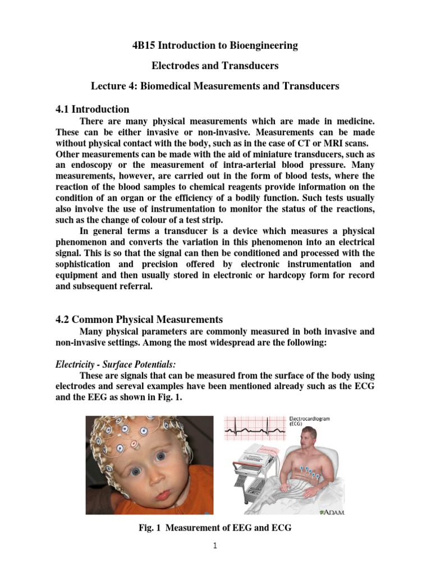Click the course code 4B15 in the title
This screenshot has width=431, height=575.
(x=145, y=45)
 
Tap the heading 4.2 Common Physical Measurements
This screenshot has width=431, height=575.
(x=139, y=320)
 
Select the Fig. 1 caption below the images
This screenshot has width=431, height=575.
(x=215, y=528)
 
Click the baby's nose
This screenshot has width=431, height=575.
(x=163, y=477)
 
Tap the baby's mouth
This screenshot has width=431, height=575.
(x=163, y=495)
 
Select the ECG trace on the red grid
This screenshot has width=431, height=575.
(x=255, y=430)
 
